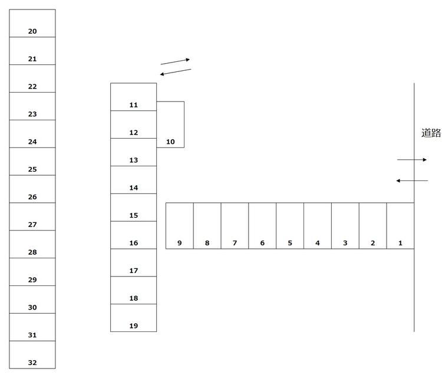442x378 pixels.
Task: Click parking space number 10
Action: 170,124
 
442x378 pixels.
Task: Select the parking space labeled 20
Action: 32,23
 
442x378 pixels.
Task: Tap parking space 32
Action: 32,355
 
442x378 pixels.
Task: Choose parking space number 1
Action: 400,226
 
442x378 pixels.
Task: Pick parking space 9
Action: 179,226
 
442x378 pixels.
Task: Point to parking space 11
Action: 133,97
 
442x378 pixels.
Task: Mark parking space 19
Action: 133,318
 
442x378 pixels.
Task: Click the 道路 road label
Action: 431,133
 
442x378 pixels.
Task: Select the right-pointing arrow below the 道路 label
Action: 411,160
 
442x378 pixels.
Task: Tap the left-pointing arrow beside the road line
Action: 412,180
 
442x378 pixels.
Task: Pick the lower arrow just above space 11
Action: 176,72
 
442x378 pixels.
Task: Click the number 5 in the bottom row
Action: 290,243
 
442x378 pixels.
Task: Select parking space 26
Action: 32,189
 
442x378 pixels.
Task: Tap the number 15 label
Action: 133,216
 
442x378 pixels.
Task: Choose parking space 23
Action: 32,106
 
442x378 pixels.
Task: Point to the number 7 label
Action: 235,243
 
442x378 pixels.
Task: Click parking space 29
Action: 32,272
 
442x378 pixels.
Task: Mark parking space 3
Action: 345,226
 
